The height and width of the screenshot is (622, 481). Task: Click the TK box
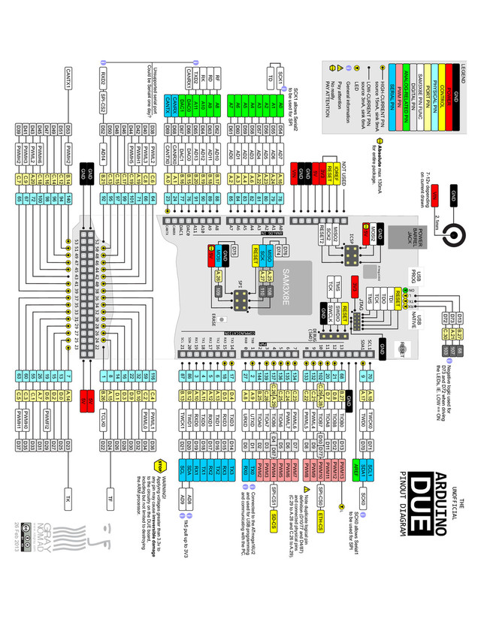click(x=68, y=499)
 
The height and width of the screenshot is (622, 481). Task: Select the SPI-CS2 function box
click(x=103, y=101)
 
